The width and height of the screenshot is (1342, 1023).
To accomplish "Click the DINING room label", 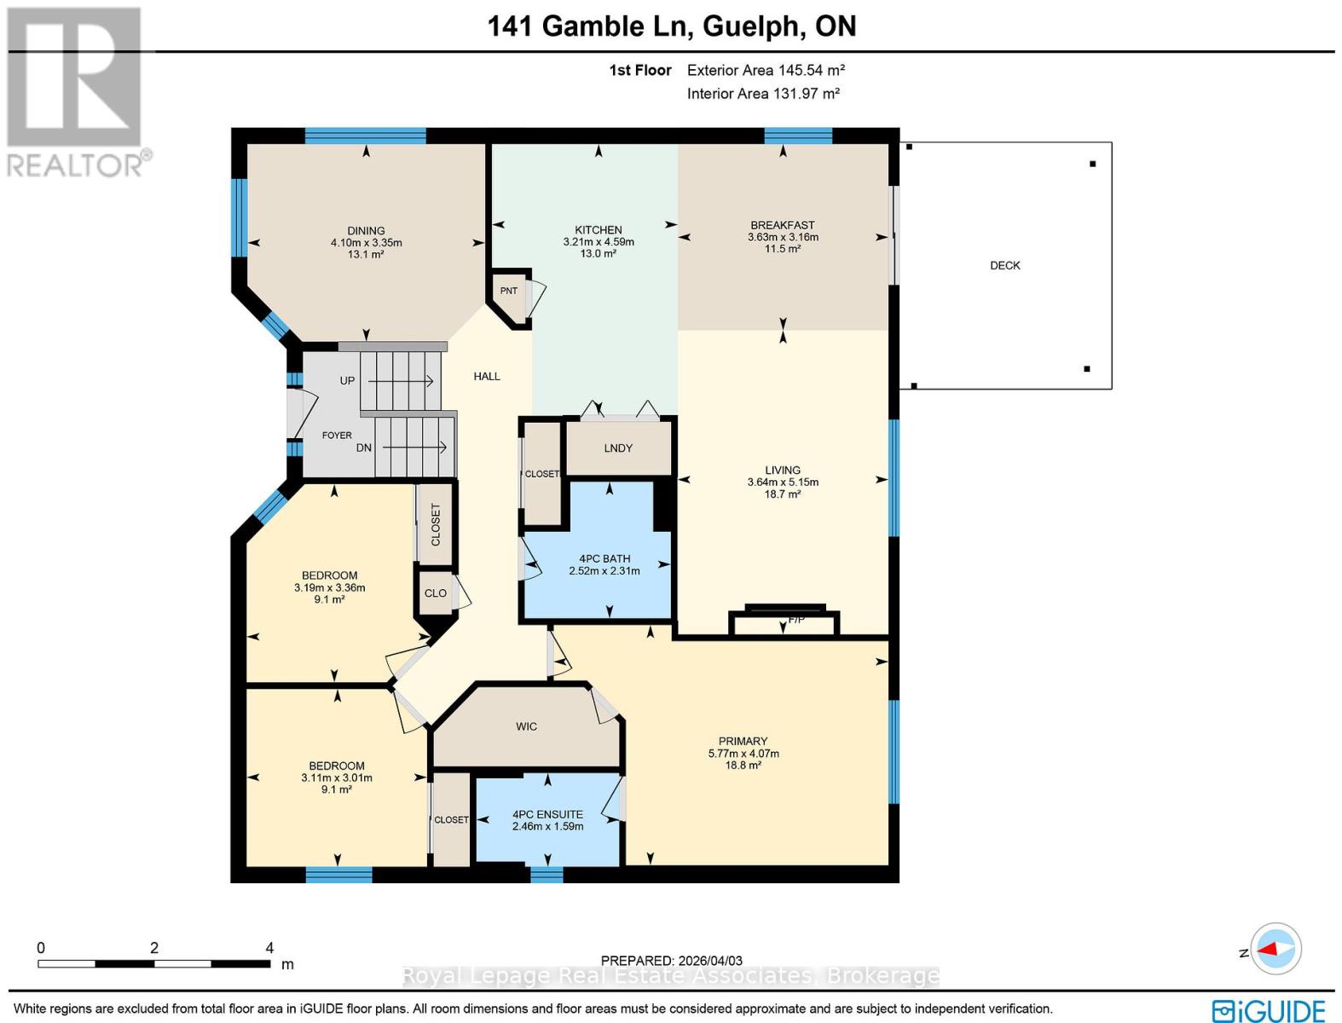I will coord(366,231).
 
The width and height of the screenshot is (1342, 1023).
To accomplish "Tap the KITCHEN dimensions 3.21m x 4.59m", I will coord(599,242).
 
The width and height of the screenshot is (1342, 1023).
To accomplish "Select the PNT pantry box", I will coord(509,292).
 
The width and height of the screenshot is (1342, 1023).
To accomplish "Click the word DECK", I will coord(1005,266).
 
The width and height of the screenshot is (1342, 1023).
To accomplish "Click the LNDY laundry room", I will coord(618,448).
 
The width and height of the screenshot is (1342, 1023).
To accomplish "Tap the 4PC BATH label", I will coord(604,559).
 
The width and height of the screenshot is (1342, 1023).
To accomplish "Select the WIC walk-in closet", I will coord(526,727).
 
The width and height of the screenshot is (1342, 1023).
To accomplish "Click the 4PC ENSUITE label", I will coord(547,815).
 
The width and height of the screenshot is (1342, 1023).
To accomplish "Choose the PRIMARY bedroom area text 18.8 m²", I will coord(743,766).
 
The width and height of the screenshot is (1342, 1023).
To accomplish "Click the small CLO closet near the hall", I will coord(436,593).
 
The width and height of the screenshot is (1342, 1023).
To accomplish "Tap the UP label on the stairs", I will coord(347,381).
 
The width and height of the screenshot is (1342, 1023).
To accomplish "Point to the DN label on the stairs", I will coord(364,448).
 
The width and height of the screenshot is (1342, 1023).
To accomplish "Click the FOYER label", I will coord(337,436).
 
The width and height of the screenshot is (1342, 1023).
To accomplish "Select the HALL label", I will coord(487,377).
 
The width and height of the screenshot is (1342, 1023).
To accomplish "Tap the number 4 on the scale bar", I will coord(269,948).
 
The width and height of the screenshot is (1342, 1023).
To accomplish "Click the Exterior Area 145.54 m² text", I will coord(766,71).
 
